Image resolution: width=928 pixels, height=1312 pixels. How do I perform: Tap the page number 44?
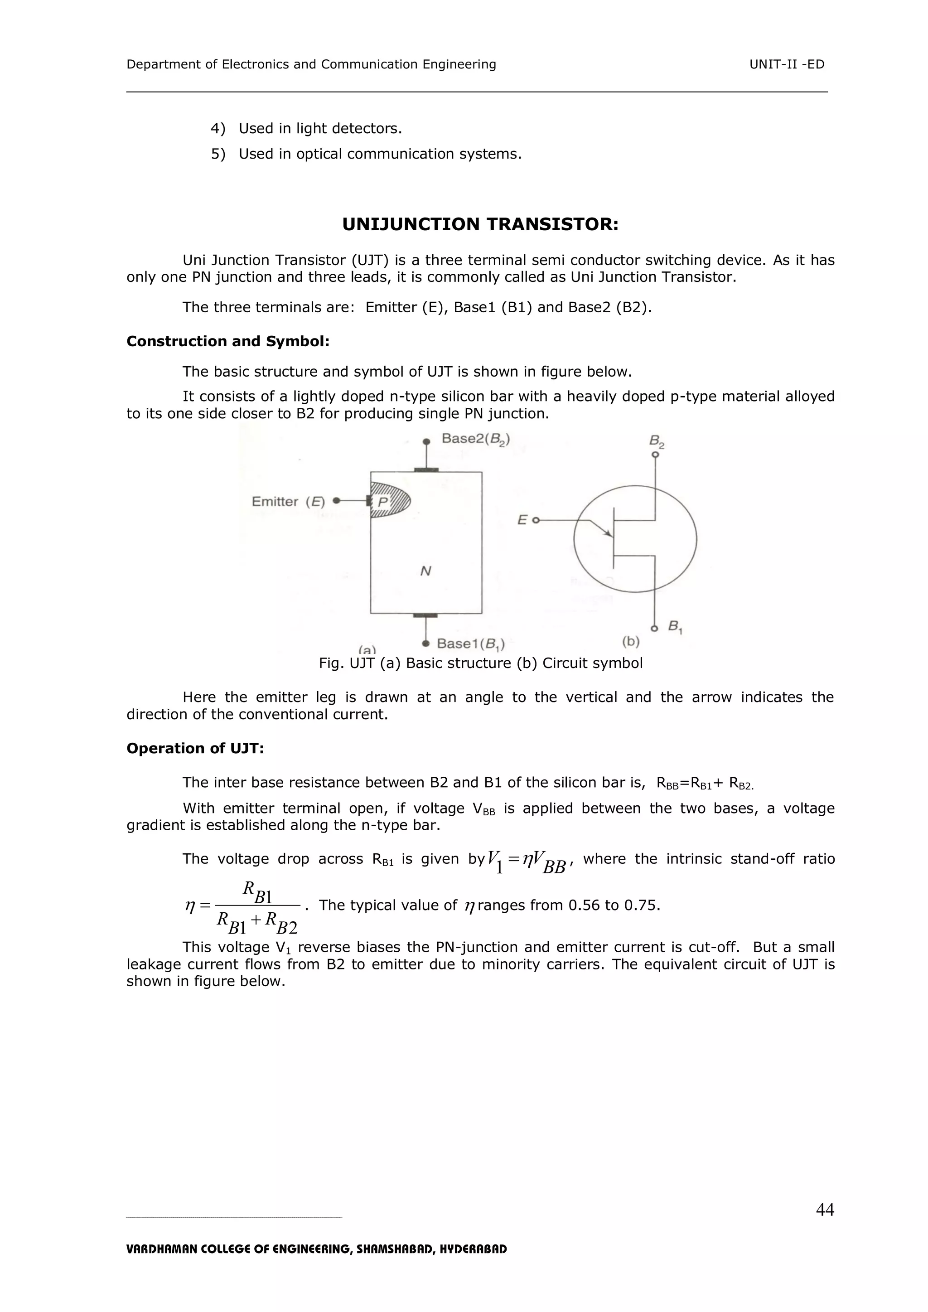point(825,1209)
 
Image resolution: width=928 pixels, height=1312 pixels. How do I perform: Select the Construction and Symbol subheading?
point(228,341)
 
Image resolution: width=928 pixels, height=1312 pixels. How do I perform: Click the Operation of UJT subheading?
point(195,748)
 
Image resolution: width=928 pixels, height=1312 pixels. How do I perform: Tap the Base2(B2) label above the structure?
point(475,439)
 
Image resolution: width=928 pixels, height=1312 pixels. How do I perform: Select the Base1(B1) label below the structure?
point(470,644)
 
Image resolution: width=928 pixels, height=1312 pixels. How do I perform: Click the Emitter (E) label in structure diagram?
point(288,501)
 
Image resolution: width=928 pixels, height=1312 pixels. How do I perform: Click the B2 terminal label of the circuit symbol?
point(657,441)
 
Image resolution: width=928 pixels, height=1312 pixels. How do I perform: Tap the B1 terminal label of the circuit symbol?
point(675,627)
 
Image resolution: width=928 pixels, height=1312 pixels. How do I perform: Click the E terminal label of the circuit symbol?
point(522,519)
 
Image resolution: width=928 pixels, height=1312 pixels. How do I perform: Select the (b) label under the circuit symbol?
point(630,641)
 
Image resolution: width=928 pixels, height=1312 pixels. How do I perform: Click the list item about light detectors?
point(320,129)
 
